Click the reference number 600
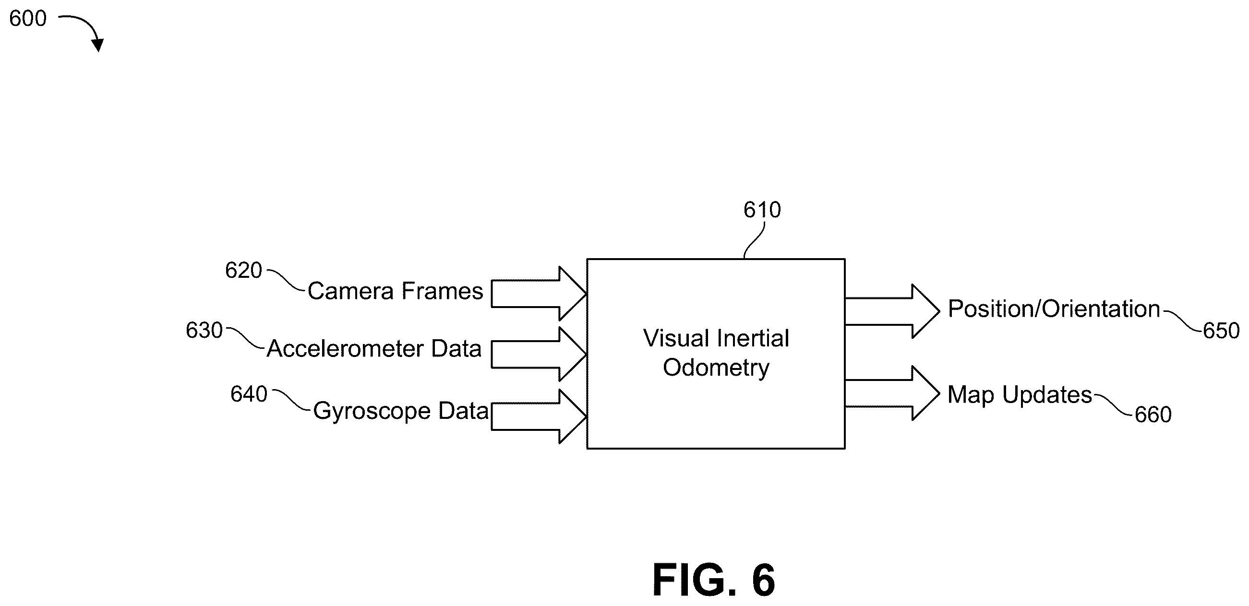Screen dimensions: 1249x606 pyautogui.click(x=28, y=19)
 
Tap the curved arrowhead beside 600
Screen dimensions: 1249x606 pyautogui.click(x=97, y=45)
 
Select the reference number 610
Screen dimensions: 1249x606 pyautogui.click(x=762, y=210)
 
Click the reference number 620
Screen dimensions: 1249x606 pyautogui.click(x=243, y=270)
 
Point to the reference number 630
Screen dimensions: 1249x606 pyautogui.click(x=204, y=330)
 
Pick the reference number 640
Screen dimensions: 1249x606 pyautogui.click(x=249, y=394)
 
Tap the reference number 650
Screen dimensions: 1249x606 pyautogui.click(x=1221, y=331)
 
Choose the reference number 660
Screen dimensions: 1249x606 pyautogui.click(x=1153, y=415)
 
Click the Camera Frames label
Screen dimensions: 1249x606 pyautogui.click(x=395, y=291)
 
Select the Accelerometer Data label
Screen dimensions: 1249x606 pyautogui.click(x=374, y=348)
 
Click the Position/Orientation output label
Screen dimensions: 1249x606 pyautogui.click(x=1054, y=309)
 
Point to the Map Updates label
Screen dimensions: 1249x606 pyautogui.click(x=1020, y=395)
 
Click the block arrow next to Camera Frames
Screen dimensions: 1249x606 pyautogui.click(x=539, y=293)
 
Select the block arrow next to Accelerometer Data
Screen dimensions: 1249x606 pyautogui.click(x=539, y=355)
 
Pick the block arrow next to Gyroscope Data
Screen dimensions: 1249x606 pyautogui.click(x=539, y=416)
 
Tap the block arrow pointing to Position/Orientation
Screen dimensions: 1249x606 pyautogui.click(x=892, y=311)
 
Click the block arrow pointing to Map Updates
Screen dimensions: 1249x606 pyautogui.click(x=892, y=393)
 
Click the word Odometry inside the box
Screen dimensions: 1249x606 pyautogui.click(x=716, y=368)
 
